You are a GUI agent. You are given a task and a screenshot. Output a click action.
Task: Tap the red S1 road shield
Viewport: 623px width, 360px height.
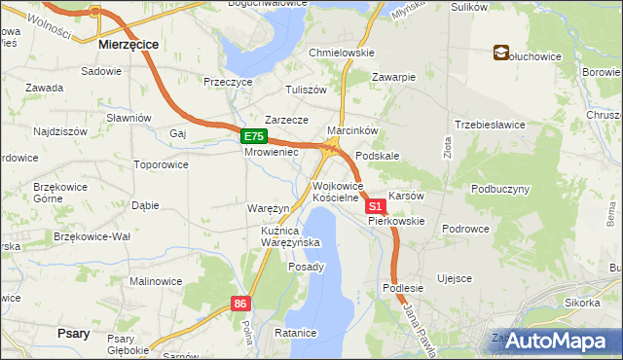[376, 207]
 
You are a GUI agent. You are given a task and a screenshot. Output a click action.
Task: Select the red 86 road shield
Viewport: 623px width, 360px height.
[242, 305]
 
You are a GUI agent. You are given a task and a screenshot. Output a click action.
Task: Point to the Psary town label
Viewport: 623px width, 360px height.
[74, 333]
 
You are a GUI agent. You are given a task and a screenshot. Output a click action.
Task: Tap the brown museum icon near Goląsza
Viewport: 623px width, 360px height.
[501, 53]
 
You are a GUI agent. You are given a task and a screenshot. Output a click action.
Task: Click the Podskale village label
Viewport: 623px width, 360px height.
[378, 156]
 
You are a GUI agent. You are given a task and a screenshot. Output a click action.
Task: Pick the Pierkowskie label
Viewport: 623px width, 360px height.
[396, 221]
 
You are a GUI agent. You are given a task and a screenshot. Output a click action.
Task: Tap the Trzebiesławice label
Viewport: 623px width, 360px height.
[490, 125]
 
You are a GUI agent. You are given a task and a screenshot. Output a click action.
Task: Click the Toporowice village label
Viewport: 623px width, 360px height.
[161, 164]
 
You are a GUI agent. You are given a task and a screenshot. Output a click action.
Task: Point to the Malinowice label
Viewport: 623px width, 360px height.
[156, 281]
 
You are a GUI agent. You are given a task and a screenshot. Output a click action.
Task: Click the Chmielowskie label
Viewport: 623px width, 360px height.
[342, 53]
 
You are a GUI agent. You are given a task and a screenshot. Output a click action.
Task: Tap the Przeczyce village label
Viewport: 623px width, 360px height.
[228, 83]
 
